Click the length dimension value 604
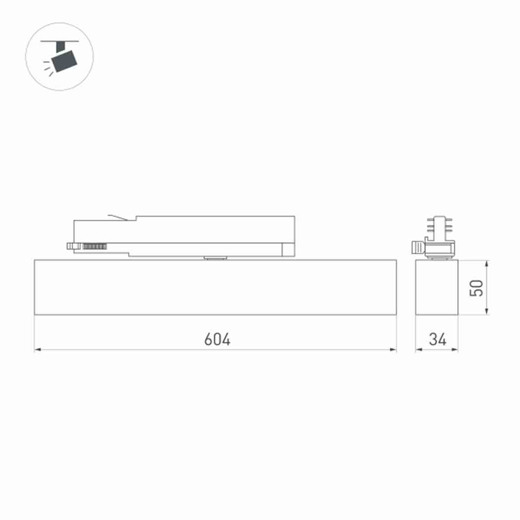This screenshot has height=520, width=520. [x=217, y=339]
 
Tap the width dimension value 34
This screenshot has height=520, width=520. [x=438, y=339]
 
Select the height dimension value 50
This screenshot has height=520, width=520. [x=477, y=288]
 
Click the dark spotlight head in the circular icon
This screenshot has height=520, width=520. [x=64, y=60]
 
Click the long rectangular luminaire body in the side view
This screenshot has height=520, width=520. [x=215, y=287]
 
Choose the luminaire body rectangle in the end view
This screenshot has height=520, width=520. [x=437, y=287]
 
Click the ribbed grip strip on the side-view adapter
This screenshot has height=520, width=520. [x=94, y=246]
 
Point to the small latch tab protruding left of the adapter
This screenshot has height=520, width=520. [x=70, y=246]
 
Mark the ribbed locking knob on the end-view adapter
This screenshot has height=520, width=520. [x=417, y=248]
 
